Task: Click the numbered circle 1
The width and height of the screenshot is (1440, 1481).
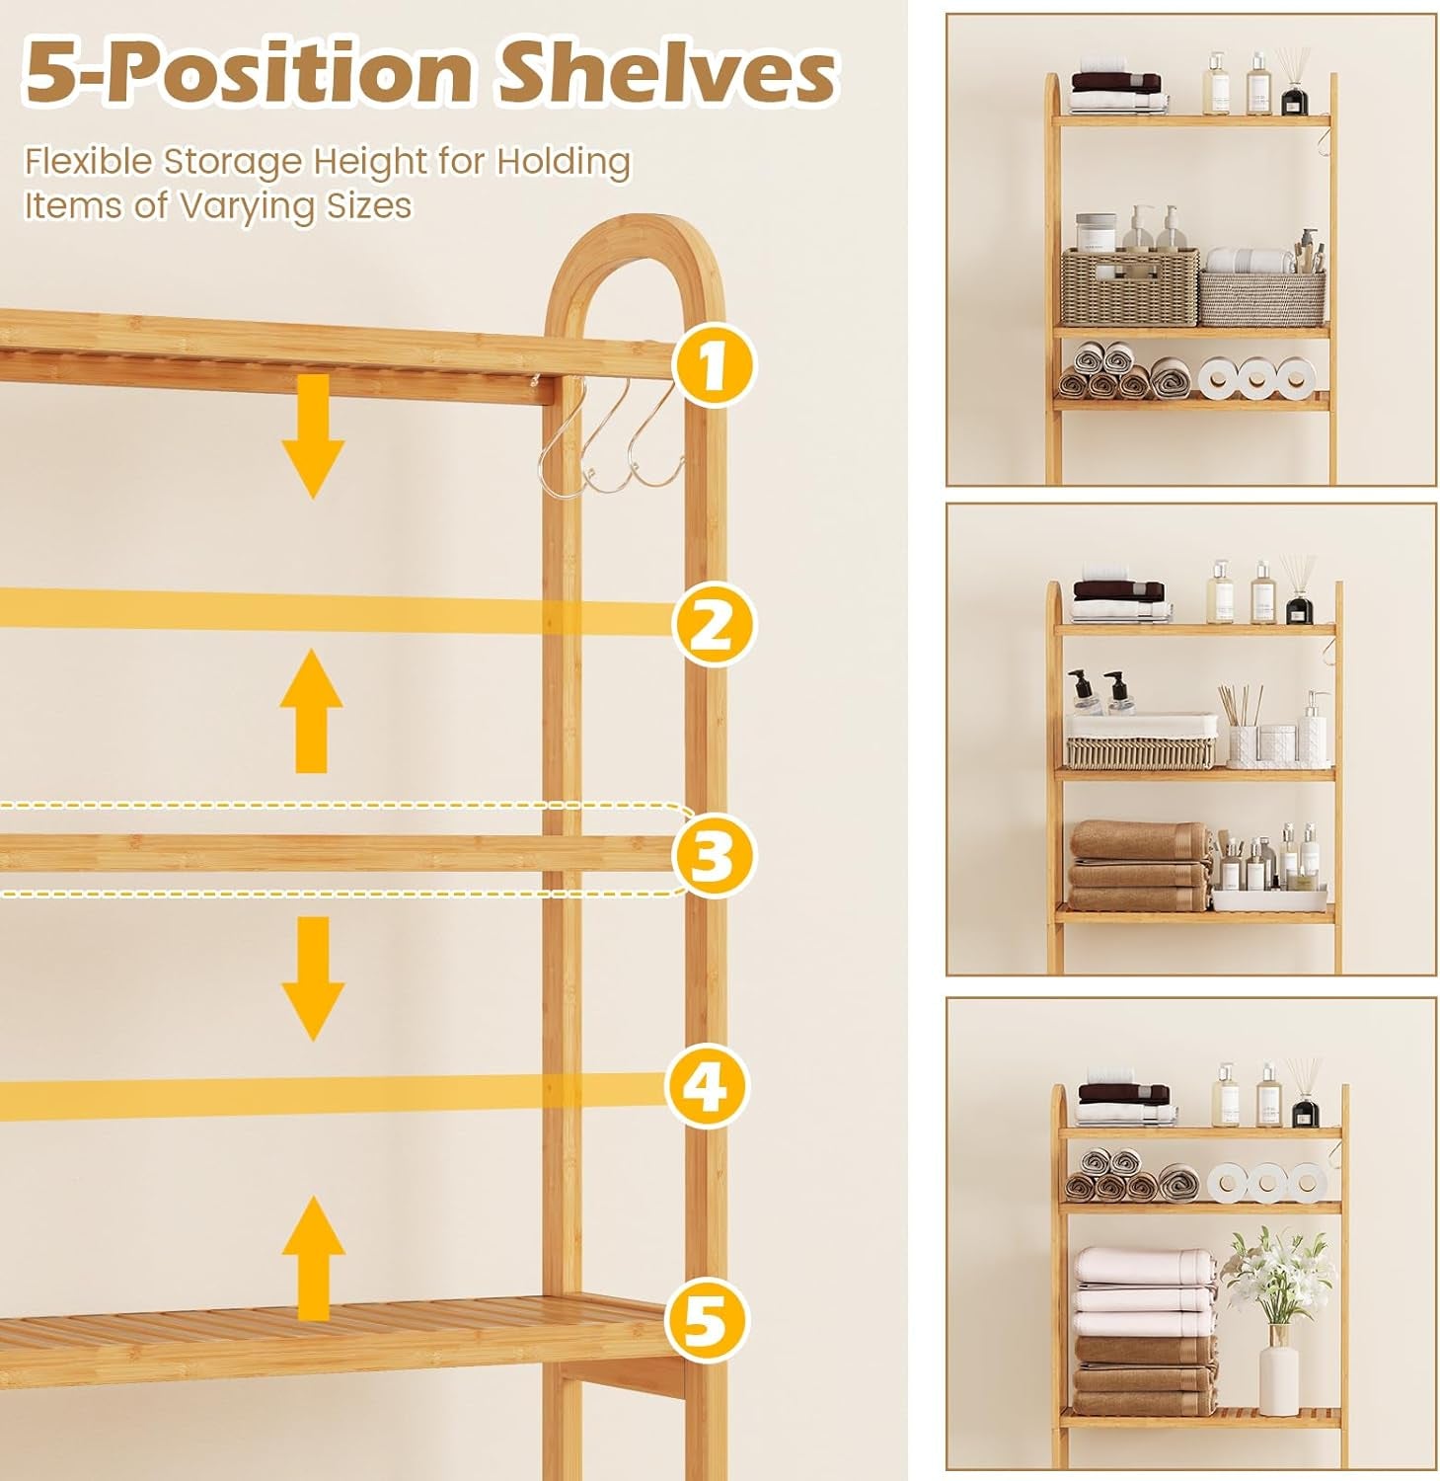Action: tap(713, 364)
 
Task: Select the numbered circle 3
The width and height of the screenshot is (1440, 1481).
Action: tap(713, 855)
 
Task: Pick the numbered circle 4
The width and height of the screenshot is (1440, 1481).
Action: tap(707, 1087)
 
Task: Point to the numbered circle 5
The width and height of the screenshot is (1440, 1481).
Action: tap(705, 1320)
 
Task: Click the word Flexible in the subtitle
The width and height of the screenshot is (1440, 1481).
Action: tap(89, 161)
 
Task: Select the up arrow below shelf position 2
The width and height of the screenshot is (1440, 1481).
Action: tap(311, 711)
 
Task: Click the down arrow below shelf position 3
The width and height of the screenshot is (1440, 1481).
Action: tap(313, 977)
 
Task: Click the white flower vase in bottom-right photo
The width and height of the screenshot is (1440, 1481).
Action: tap(1279, 1371)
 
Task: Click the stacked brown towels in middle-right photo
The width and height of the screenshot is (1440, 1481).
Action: tap(1141, 866)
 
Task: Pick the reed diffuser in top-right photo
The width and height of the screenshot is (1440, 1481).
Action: tap(1294, 85)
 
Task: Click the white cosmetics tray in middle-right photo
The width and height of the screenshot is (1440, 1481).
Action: tap(1269, 897)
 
